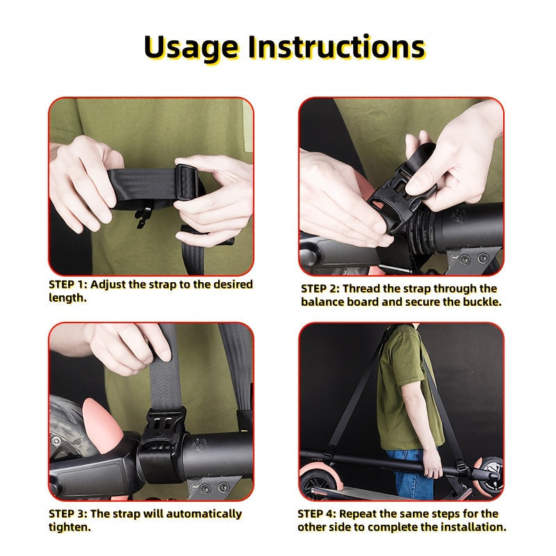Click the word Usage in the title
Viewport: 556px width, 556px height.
pos(191,48)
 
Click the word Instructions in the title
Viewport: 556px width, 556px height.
pos(336,47)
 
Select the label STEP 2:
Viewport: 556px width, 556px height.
pos(320,288)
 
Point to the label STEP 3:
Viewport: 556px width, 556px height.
pos(68,514)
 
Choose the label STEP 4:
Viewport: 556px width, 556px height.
pos(317,514)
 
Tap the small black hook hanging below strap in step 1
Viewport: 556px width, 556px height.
pos(142,217)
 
